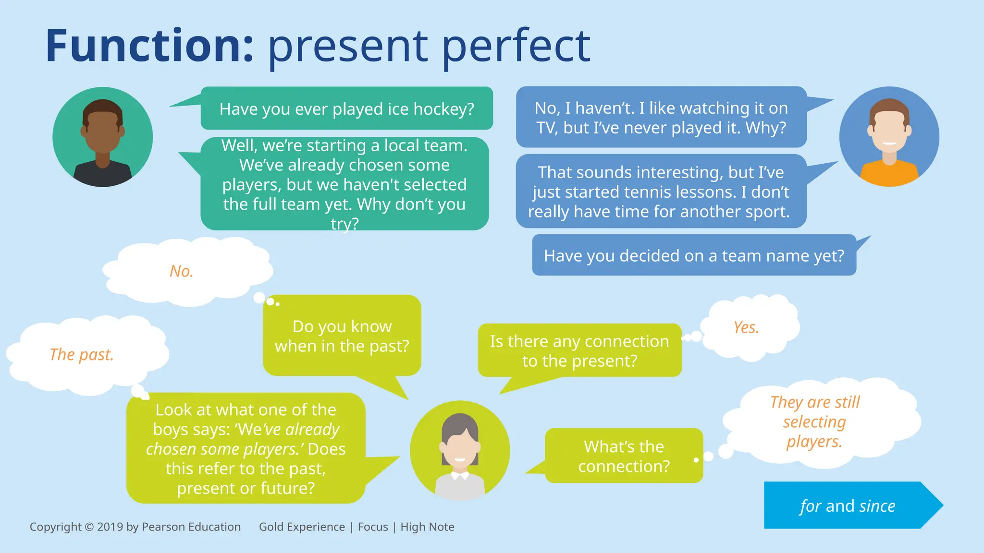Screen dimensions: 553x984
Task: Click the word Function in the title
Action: pyautogui.click(x=149, y=46)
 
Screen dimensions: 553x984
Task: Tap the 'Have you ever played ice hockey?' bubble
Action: pyautogui.click(x=346, y=109)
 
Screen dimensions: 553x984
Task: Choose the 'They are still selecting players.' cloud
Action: pyautogui.click(x=815, y=421)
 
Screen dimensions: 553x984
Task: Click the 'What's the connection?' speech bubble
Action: pyautogui.click(x=624, y=456)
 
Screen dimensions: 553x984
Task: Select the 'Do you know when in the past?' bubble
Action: pyautogui.click(x=342, y=336)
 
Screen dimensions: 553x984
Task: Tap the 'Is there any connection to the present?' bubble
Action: pyautogui.click(x=579, y=351)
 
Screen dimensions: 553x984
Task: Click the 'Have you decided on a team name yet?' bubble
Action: pyautogui.click(x=693, y=255)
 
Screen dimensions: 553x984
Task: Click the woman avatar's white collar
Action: pyautogui.click(x=460, y=476)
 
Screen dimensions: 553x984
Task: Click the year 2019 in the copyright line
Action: pyautogui.click(x=110, y=527)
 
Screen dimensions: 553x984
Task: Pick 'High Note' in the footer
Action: pyautogui.click(x=427, y=527)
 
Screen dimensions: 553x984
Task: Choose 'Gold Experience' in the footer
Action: pyautogui.click(x=302, y=527)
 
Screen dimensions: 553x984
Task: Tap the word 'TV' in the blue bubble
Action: pyautogui.click(x=546, y=128)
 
